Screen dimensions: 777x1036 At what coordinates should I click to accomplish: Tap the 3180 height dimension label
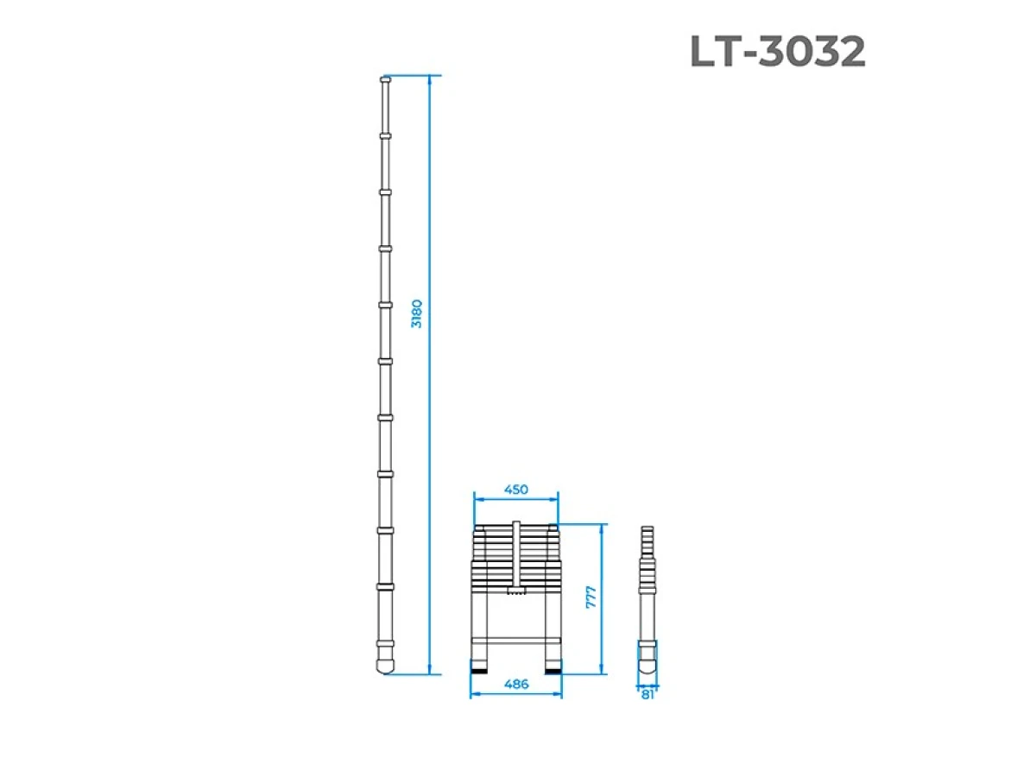point(417,313)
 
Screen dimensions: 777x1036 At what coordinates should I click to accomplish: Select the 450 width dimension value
point(515,490)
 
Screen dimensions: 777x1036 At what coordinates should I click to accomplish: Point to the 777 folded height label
point(591,597)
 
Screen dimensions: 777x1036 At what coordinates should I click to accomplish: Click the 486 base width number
point(515,684)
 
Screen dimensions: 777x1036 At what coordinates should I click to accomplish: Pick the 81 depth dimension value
point(647,694)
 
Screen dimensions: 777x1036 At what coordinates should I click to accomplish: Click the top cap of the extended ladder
point(385,81)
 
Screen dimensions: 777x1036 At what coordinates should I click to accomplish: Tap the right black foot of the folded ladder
point(553,668)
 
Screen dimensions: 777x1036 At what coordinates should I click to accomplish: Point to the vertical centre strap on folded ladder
point(515,553)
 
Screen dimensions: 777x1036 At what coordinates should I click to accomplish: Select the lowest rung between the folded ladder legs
point(515,642)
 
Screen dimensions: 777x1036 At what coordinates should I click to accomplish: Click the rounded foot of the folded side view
point(647,666)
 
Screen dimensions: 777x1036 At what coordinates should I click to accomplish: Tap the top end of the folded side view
point(647,528)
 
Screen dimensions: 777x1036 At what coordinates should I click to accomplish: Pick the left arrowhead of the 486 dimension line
point(472,695)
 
